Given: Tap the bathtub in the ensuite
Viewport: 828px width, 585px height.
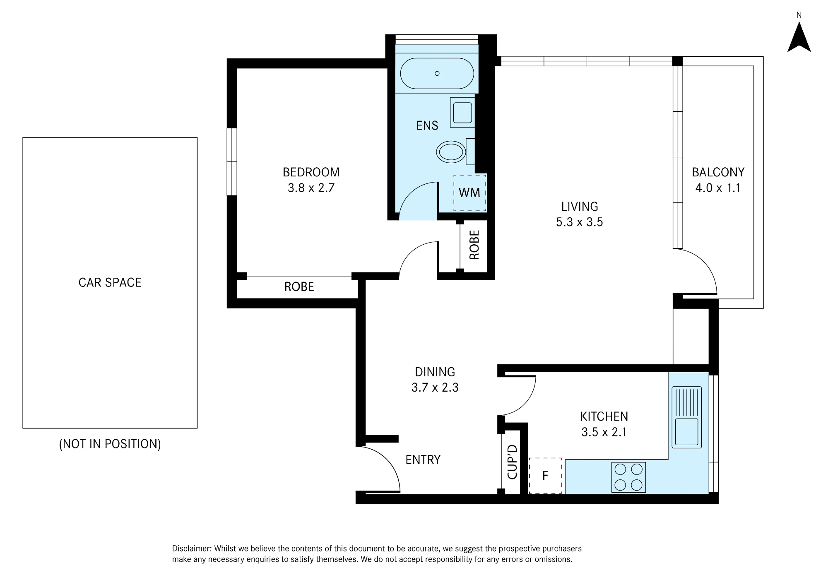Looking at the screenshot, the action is pos(437,73).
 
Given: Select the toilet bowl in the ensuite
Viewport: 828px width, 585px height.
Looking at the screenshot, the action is pos(451,152).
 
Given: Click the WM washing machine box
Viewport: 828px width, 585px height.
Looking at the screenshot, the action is pos(470,193).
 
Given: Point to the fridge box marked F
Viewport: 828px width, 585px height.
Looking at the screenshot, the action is pos(545,476).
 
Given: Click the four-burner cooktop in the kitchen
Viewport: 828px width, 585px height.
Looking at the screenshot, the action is pos(628,477).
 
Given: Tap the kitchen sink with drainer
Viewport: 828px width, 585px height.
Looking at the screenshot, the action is pos(686,417).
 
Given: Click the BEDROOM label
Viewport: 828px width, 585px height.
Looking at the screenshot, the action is pos(311,172).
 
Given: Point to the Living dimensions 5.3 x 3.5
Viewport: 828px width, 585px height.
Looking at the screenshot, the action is pos(579,222).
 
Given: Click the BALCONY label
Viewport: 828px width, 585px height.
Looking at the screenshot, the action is pos(718,172).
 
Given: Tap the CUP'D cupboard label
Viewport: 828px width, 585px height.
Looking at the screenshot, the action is pos(512,462).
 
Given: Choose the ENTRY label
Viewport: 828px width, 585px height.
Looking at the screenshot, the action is pos(423,460).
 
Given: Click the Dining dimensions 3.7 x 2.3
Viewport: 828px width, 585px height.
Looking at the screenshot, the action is pos(435,388).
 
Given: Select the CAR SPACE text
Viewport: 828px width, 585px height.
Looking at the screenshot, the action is pos(110,282).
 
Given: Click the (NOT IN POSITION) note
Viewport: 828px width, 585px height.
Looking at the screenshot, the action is pos(110,444).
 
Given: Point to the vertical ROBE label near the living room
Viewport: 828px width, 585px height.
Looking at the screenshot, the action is pos(474,245).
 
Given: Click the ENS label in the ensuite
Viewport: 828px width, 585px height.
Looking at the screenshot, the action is pos(427,125).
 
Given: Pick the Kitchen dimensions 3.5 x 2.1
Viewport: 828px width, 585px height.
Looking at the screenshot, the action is pos(604,432).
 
